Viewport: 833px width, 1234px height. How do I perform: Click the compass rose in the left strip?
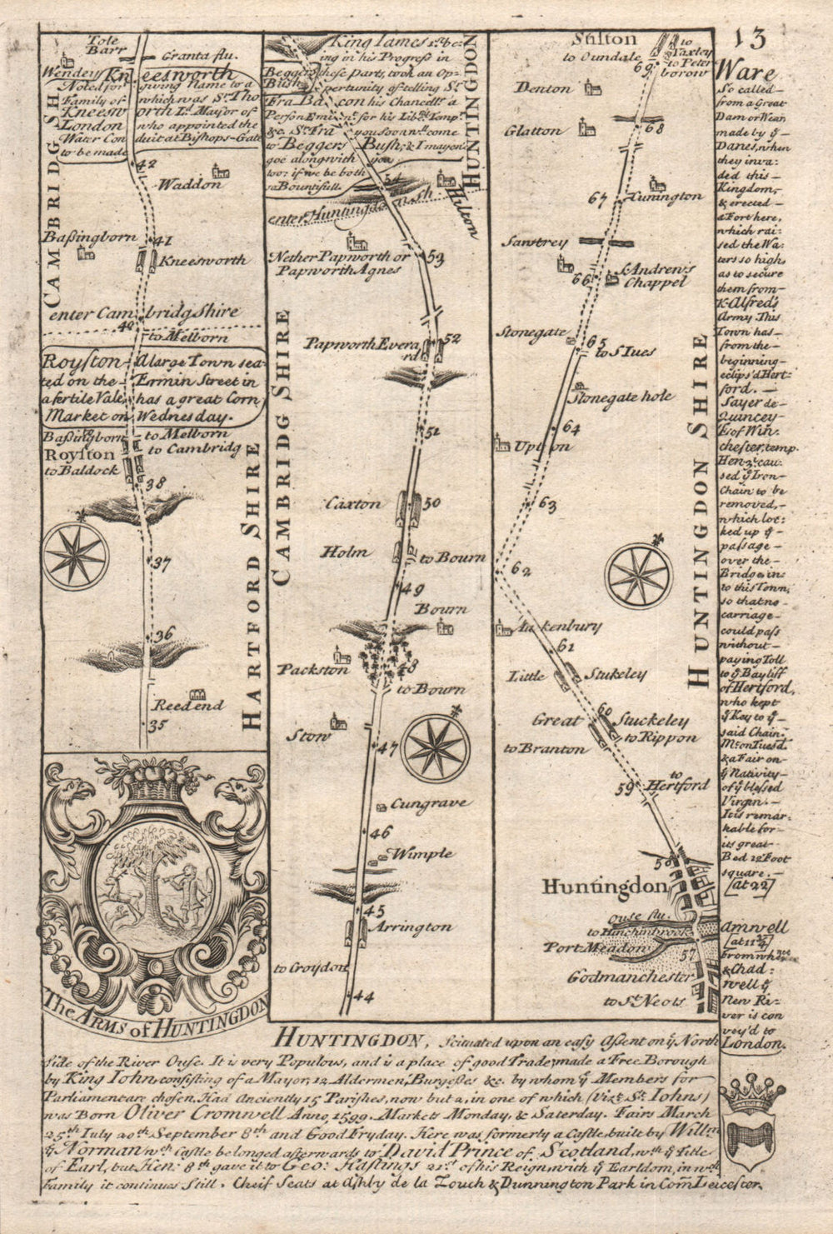coord(76,554)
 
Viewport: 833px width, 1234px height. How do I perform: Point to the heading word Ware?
coord(745,72)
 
